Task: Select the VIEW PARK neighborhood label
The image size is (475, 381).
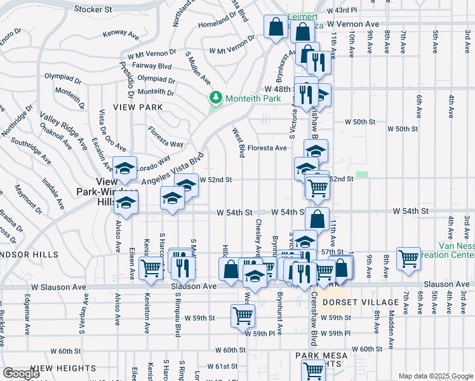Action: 135,108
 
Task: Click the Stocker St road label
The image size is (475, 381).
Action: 93,10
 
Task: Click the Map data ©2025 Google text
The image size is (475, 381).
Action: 436,376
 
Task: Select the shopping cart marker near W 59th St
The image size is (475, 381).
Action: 243,314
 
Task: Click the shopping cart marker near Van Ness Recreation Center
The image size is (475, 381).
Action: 408,258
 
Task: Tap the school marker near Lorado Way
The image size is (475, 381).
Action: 125,168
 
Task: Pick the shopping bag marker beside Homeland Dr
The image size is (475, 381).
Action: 276,27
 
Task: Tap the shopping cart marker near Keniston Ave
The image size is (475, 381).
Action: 151,267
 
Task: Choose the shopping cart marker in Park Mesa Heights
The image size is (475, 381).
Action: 313,370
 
